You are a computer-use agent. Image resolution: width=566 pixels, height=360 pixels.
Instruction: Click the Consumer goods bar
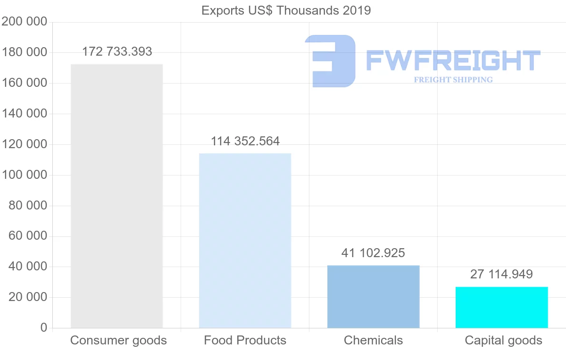click(117, 196)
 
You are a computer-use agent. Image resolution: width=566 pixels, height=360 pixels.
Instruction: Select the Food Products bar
click(245, 241)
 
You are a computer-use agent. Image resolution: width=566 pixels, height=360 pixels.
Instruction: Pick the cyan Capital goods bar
click(501, 307)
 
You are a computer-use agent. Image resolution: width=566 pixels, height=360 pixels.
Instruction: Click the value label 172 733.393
click(117, 51)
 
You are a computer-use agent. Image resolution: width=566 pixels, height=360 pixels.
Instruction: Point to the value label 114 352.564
click(245, 141)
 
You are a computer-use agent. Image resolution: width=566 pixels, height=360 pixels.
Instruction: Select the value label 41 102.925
click(373, 253)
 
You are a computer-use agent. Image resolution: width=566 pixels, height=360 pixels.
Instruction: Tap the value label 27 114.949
click(501, 274)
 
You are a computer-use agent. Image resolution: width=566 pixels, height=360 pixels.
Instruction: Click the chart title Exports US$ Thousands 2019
click(286, 10)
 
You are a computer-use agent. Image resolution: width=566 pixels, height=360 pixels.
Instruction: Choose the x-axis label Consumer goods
click(118, 340)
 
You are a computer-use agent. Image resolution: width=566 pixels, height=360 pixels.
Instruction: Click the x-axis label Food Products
click(245, 340)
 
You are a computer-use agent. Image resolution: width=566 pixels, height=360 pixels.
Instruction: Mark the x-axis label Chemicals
click(373, 340)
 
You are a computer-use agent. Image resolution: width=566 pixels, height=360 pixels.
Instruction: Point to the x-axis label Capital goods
click(503, 340)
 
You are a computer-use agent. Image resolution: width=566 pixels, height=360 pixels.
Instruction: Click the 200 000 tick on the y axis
click(25, 22)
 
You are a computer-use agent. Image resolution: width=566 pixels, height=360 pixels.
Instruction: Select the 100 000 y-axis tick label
click(25, 175)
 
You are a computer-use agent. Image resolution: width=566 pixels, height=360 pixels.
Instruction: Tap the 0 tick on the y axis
click(44, 328)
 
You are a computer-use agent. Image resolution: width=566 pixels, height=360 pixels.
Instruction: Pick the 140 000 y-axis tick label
click(25, 114)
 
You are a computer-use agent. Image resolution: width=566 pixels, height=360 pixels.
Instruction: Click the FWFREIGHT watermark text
click(453, 60)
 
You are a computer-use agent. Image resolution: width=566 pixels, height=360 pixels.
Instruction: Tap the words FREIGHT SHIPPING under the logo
click(453, 80)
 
